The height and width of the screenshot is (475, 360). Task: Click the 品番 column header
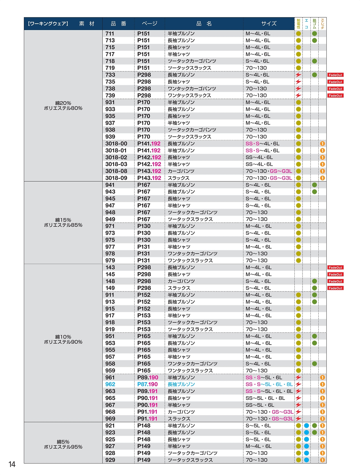tap(118, 24)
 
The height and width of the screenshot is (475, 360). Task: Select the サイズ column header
tap(269, 24)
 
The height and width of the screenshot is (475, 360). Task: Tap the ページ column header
tap(149, 24)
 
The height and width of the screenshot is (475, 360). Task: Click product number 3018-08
tap(116, 171)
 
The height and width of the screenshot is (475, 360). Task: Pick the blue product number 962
tap(110, 384)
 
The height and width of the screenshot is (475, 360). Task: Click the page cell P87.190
tap(147, 384)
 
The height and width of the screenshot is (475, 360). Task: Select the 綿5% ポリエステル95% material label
tap(63, 444)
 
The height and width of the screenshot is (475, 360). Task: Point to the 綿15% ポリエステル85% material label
tap(63, 223)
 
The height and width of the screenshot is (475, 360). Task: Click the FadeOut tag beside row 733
tap(335, 75)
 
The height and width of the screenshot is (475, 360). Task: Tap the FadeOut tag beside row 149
tap(335, 288)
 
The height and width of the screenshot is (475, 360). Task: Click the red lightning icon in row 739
tap(298, 96)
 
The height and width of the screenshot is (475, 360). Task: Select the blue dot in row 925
tap(307, 439)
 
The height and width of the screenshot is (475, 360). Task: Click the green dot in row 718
tap(314, 61)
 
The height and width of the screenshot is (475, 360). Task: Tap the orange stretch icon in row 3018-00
tap(323, 144)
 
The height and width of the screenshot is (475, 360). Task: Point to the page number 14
tap(12, 464)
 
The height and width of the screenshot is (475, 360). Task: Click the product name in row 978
tap(192, 254)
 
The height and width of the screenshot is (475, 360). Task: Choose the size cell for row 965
tap(265, 398)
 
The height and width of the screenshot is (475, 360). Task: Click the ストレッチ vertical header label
tap(323, 24)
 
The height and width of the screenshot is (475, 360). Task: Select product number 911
tap(110, 295)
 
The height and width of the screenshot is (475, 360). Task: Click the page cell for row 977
tap(144, 247)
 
